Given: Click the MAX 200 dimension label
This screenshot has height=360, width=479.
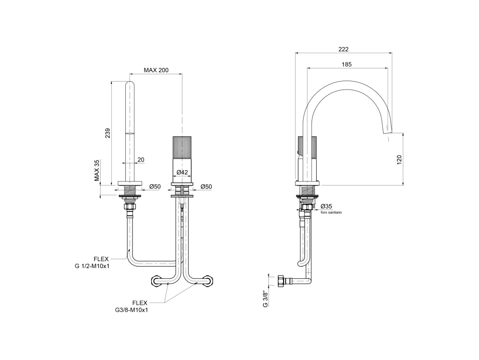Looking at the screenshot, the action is click(x=156, y=70).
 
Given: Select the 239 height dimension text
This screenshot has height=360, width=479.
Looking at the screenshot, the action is click(x=108, y=133).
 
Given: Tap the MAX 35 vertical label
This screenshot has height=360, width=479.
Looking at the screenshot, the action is click(x=97, y=171).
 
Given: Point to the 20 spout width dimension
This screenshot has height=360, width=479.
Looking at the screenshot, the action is click(x=141, y=159).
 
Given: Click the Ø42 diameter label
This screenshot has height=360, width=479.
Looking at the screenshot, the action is click(x=182, y=172).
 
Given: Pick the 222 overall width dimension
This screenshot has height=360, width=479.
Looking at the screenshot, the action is click(x=343, y=49).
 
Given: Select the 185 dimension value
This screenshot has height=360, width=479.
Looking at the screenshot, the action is click(x=347, y=64).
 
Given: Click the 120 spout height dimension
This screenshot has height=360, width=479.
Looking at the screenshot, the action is click(x=399, y=160).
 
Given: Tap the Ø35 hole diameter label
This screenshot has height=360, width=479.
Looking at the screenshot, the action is click(x=326, y=207).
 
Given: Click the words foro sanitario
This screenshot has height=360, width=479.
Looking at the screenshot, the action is click(x=331, y=212).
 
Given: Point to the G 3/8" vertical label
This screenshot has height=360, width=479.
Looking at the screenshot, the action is click(x=266, y=300).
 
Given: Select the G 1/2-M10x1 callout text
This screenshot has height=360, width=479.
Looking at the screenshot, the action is click(x=92, y=266).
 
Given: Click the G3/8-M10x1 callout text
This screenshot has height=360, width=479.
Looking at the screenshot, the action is click(x=131, y=310).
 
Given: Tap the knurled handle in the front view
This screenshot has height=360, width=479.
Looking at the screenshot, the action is click(x=182, y=147).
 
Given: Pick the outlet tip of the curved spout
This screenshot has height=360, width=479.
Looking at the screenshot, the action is click(x=387, y=132).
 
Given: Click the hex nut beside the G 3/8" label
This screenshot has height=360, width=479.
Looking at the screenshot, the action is click(x=281, y=281).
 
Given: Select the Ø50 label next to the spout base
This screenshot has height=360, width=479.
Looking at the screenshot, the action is click(x=155, y=187).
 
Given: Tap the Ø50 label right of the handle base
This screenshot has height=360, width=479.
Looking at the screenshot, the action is click(x=206, y=187).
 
